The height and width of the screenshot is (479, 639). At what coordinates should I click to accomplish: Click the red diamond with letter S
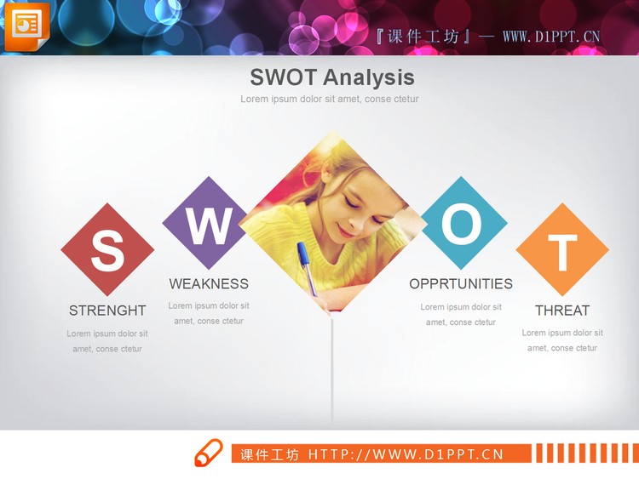107,250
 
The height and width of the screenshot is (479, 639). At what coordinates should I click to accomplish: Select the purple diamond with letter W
208,225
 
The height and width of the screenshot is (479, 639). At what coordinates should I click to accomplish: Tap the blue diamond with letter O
462,225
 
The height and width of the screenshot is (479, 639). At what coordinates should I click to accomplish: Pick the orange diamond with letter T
562,250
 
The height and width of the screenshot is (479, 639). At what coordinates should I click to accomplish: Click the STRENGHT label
107,311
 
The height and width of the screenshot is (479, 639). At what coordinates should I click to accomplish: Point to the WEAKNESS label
209,284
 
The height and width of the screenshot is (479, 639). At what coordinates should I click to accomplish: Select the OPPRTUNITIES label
461,284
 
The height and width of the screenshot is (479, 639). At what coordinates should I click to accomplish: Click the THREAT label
562,311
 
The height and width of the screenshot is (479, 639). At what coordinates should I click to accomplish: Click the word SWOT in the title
284,77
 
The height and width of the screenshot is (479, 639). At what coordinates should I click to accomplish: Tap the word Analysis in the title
369,77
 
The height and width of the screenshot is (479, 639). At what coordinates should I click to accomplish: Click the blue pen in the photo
306,266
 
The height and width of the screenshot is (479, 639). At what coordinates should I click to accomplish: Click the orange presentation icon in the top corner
26,26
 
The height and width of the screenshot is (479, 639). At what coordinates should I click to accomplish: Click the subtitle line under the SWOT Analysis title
330,100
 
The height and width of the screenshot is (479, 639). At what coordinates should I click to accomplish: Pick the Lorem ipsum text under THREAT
562,340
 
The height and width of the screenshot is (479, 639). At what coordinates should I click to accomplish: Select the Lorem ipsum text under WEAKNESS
209,313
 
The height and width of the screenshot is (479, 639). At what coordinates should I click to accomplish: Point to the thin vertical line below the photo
331,374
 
